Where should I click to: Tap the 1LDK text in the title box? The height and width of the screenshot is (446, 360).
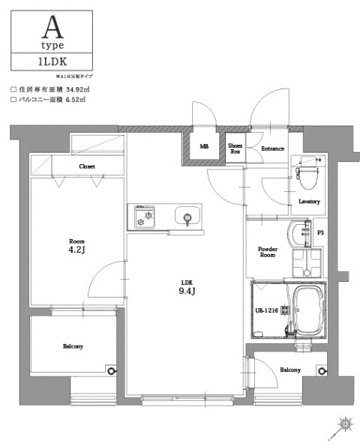(x=52, y=61)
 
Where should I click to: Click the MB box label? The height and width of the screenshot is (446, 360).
(x=204, y=148)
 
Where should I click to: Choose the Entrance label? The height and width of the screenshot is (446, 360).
(x=272, y=148)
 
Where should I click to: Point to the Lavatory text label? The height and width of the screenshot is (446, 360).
(x=309, y=202)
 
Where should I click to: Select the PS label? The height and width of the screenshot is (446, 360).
(x=321, y=233)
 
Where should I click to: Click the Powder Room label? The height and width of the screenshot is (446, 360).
(x=268, y=252)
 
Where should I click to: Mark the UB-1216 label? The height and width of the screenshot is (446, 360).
(x=267, y=310)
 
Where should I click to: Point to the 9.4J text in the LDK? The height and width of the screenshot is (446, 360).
(x=187, y=292)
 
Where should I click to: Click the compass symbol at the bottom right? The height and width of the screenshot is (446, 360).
(x=344, y=425)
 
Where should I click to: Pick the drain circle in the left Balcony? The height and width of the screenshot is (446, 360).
(x=111, y=370)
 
